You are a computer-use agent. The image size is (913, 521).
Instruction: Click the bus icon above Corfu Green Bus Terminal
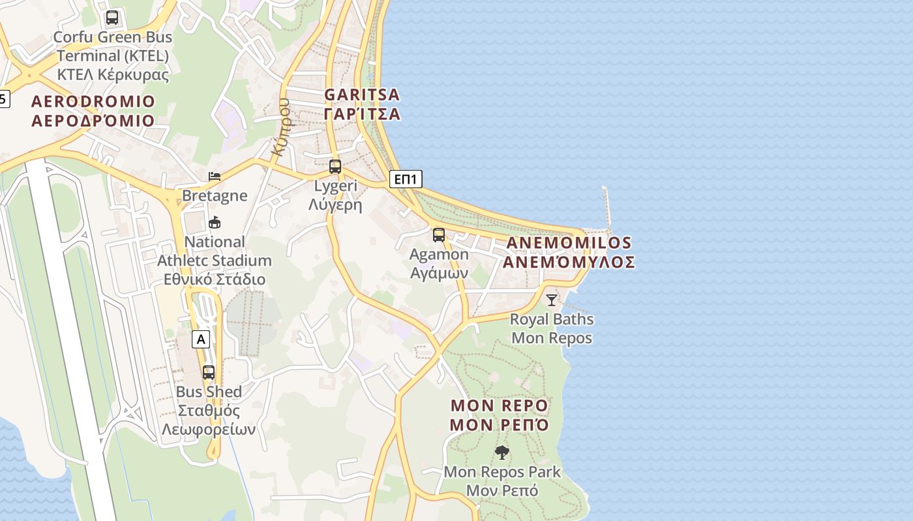pos(112,18)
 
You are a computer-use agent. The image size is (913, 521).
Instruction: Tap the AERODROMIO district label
pos(93,111)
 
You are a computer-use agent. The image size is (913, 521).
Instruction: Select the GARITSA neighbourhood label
pos(362,104)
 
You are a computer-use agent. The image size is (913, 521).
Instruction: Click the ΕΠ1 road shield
pos(406,179)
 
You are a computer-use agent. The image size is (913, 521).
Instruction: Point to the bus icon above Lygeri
pos(335,166)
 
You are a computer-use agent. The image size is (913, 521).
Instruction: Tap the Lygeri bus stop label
pos(335,195)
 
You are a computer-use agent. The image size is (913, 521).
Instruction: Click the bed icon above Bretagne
pos(215,176)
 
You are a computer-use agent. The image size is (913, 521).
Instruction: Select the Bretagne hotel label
pos(215,195)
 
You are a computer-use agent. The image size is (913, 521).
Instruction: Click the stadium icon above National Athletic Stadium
pos(215,223)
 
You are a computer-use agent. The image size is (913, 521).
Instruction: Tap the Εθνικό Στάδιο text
pos(215,279)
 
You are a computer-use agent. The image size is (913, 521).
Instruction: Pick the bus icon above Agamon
pos(439,235)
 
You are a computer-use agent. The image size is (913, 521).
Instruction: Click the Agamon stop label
pos(439,263)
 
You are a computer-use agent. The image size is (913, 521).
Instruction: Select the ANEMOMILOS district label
pos(568,252)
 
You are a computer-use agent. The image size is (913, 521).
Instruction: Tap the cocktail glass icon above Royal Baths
pos(552,300)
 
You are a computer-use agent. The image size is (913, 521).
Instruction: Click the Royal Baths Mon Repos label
pos(552,328)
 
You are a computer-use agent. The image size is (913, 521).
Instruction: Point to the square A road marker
pos(201,339)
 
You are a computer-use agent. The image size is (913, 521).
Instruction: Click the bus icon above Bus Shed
pos(209,373)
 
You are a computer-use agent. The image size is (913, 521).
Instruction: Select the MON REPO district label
pos(500,415)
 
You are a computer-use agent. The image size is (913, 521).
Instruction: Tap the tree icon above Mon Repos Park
pos(502,452)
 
